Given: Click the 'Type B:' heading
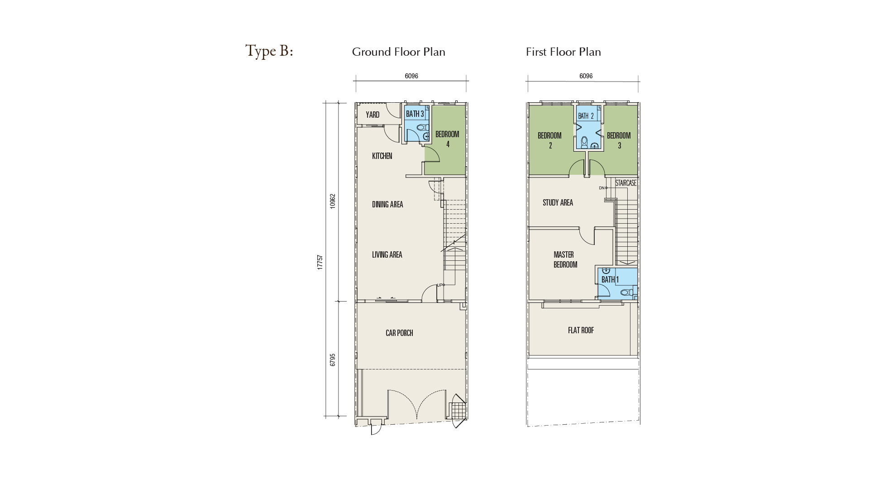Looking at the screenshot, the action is pos(269,51).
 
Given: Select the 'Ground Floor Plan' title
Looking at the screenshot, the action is pos(399,52).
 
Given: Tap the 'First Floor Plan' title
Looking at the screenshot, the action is pos(563,52).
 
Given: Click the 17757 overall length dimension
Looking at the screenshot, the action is pos(320,263).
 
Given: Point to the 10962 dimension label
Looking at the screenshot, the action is pos(333,201).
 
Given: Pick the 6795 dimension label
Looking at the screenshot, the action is pos(333,360).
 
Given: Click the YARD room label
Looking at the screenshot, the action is pos(372,115).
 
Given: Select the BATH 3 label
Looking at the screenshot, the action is pos(415,114).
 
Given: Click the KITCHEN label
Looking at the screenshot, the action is pos(382,156).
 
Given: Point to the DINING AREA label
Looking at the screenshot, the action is pos(387,204).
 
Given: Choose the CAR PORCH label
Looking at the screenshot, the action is pos(399,333).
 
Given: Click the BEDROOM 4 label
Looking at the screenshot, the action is pos(447,139).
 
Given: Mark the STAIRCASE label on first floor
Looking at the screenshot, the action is pos(626,183).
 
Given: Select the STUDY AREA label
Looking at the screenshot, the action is pos(558,202).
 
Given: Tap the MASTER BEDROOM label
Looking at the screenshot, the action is pos(565,259).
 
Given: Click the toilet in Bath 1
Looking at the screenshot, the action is pos(627,292).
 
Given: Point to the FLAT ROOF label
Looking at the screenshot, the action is pos(581,330).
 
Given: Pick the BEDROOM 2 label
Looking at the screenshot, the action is pos(549,140).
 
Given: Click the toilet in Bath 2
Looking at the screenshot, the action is pos(584,142).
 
